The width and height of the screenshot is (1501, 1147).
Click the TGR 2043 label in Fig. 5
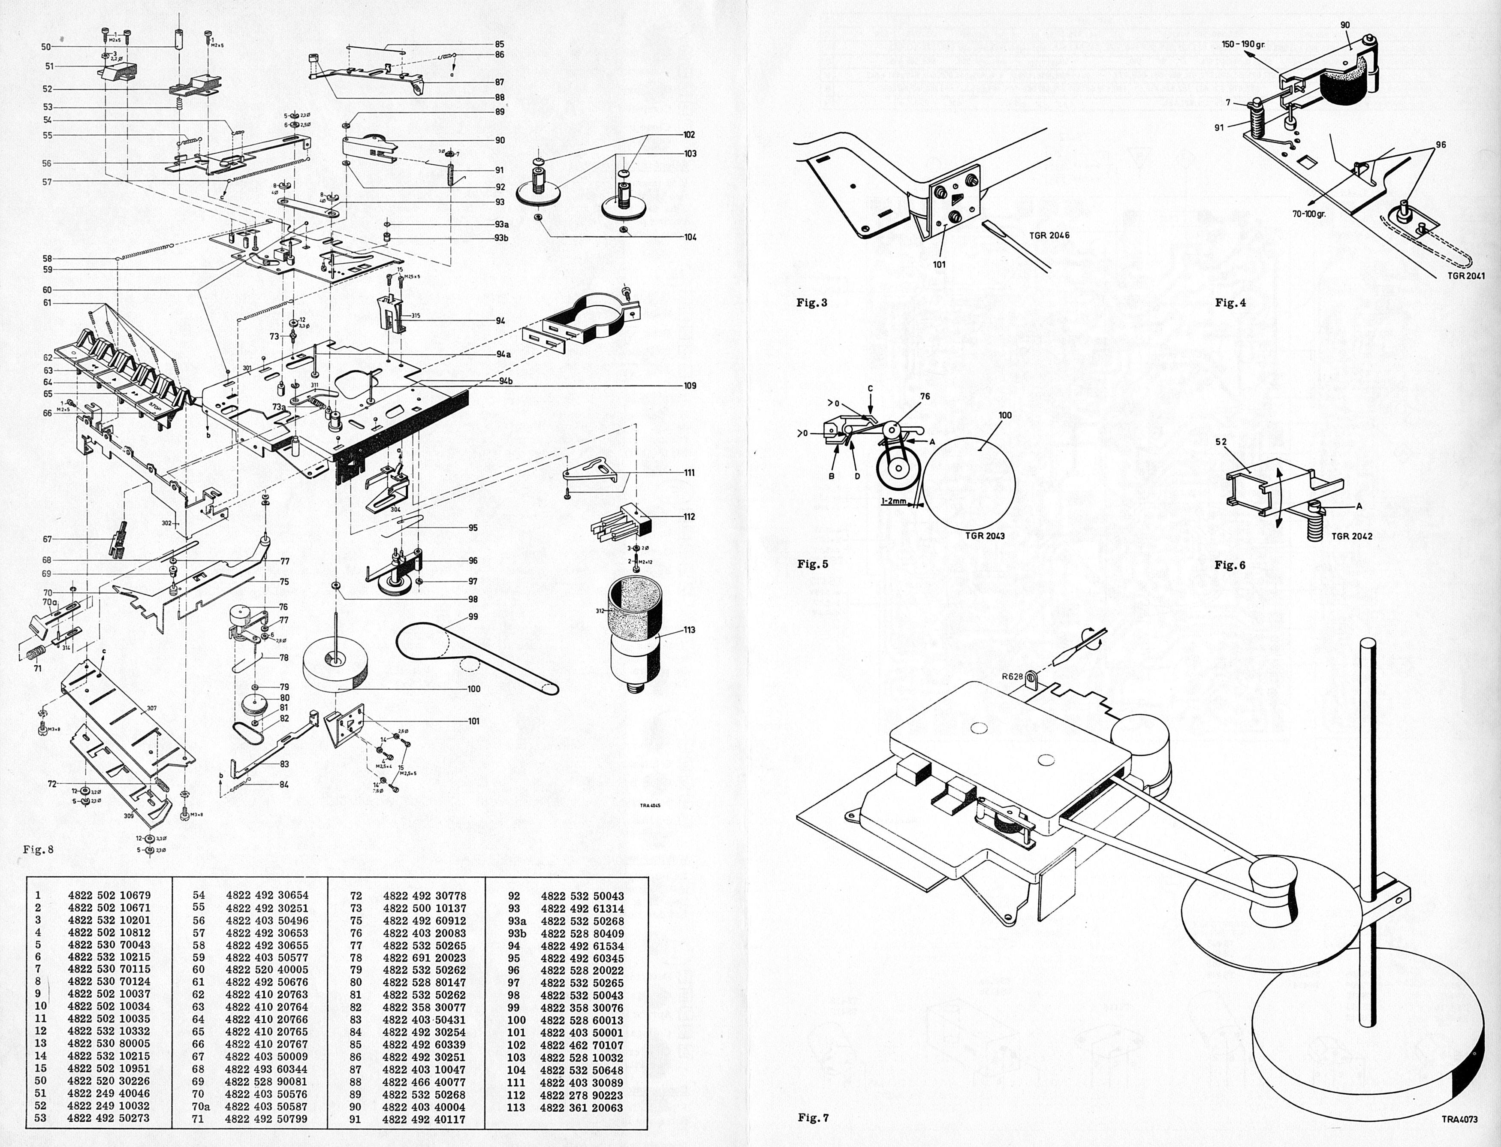[984, 536]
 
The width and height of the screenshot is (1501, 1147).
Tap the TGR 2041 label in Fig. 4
[1465, 276]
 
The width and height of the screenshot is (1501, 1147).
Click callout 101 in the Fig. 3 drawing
[939, 264]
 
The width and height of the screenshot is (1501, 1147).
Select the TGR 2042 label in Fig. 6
[1351, 536]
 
